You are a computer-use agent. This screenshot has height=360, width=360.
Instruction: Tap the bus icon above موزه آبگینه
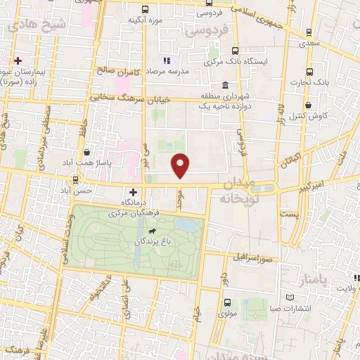[x=145, y=10]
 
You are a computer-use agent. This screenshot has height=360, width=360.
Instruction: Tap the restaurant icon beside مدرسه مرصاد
[x=167, y=61]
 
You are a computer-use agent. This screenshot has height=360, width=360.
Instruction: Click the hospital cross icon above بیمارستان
[x=18, y=61]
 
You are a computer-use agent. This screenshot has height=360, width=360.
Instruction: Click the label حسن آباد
[x=94, y=190]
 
